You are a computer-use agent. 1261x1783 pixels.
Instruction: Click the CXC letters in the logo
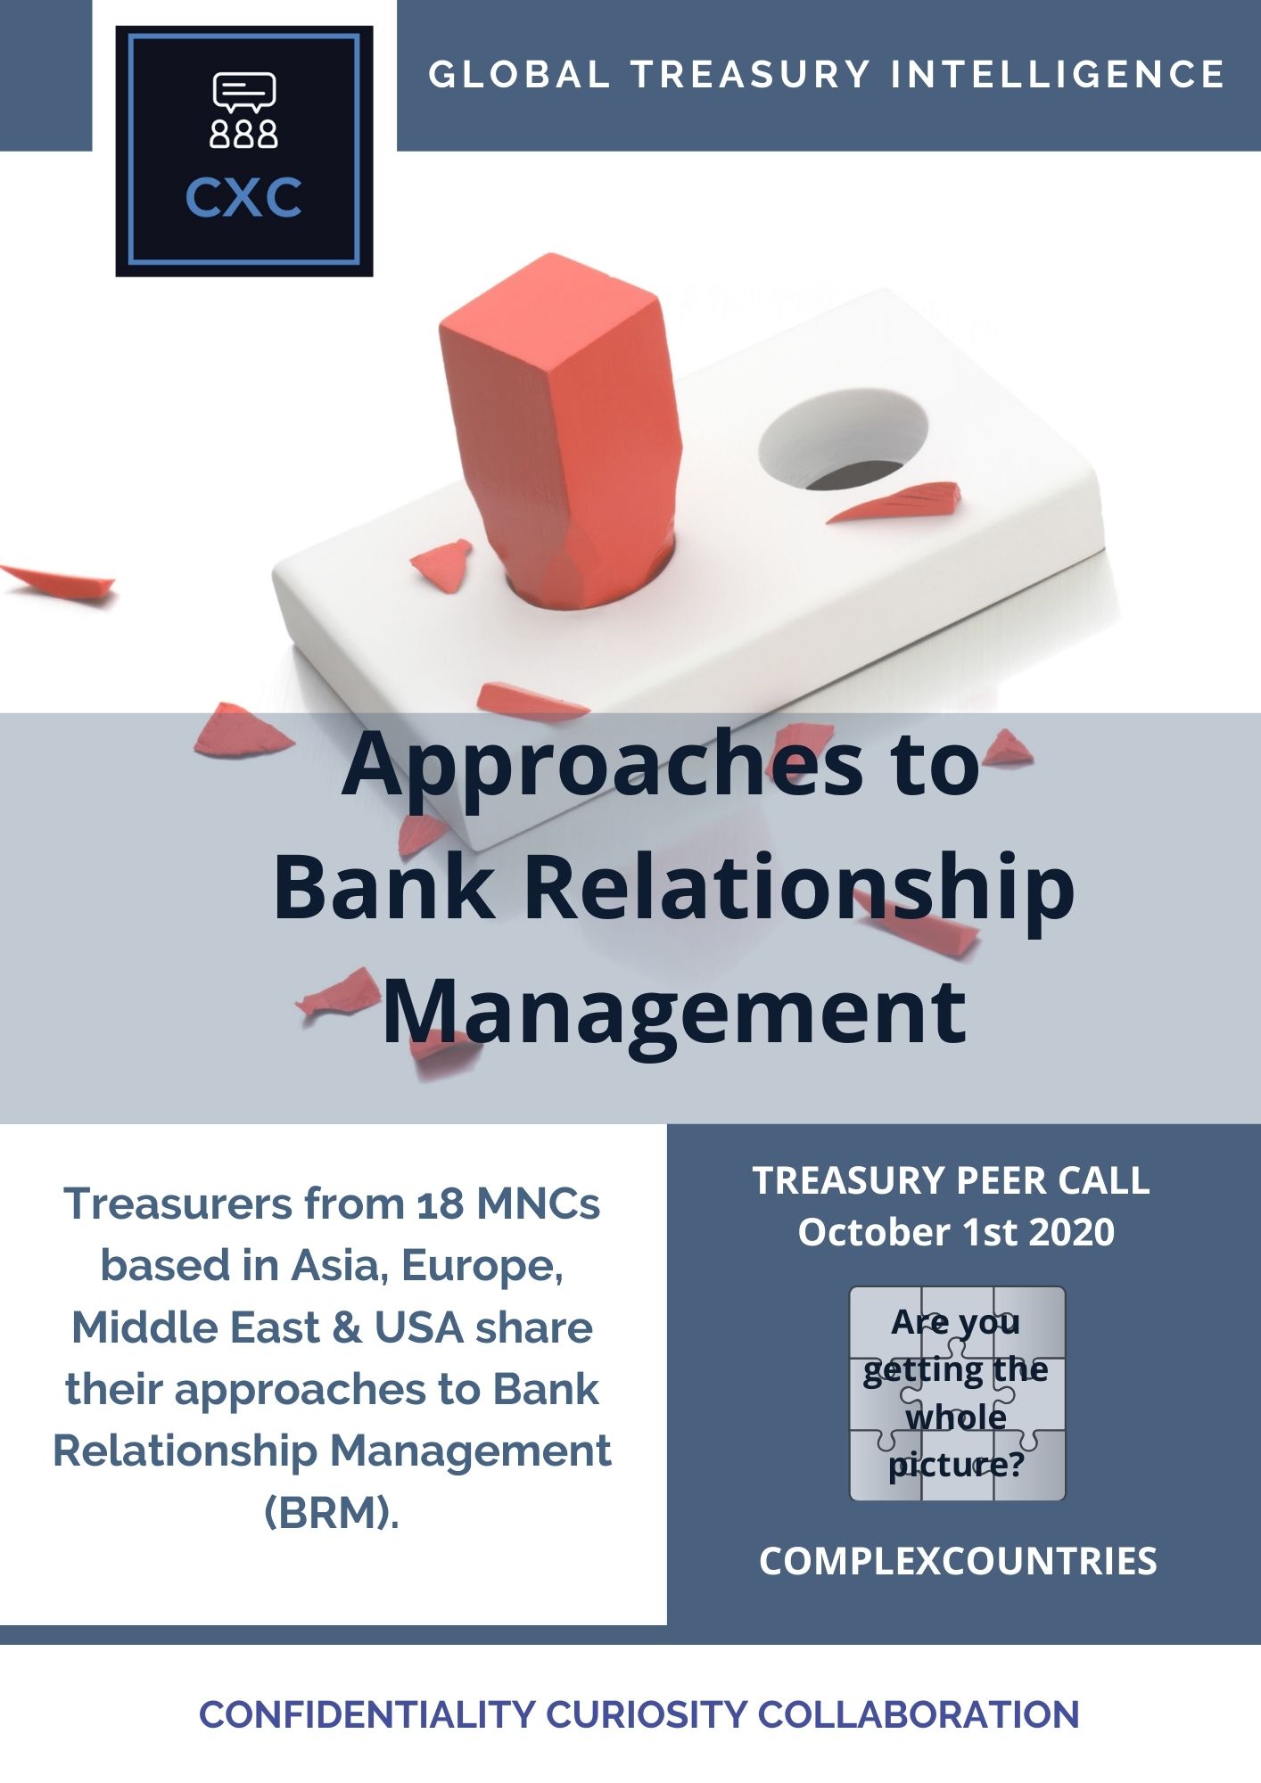click(x=243, y=198)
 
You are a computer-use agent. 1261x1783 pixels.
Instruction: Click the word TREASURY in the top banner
click(x=750, y=74)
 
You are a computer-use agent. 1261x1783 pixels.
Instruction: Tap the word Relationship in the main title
click(x=798, y=887)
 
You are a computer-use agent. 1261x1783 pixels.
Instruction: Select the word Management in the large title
click(x=674, y=1011)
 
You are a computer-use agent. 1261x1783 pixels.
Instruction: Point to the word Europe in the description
click(x=482, y=1266)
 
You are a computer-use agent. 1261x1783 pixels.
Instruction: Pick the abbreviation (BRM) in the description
click(x=332, y=1513)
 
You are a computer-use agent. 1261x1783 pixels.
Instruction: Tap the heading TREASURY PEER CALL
click(x=952, y=1180)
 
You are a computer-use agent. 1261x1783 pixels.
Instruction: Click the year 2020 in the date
click(x=1071, y=1232)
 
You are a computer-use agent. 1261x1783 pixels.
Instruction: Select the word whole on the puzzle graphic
click(x=956, y=1417)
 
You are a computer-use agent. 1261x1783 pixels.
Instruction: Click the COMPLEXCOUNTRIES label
click(x=958, y=1562)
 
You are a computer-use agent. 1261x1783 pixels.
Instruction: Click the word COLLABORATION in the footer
click(x=918, y=1715)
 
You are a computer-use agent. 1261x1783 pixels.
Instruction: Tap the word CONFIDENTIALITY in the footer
click(x=367, y=1715)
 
